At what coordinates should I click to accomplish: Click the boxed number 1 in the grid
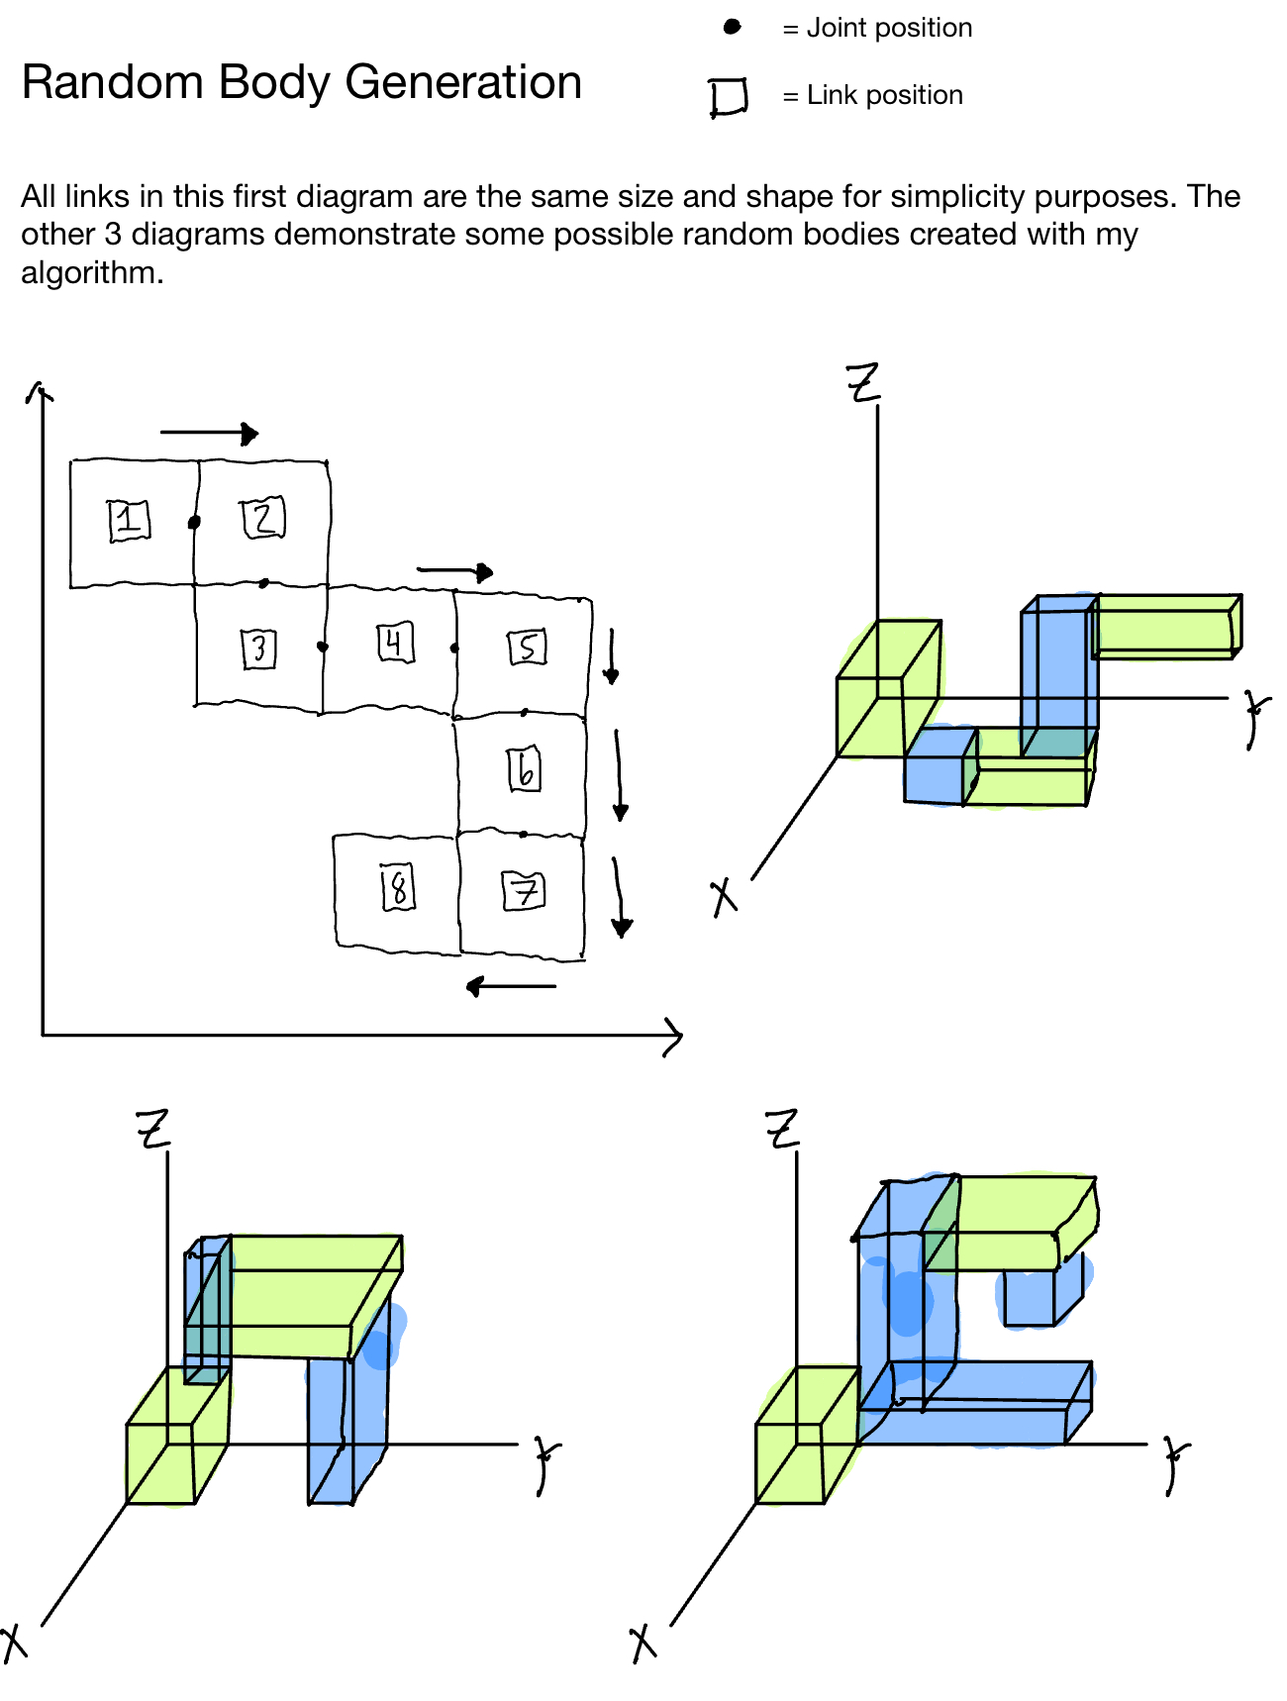(x=129, y=520)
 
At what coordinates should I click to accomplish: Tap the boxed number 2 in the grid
(x=263, y=518)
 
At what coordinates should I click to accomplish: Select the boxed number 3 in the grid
(x=259, y=649)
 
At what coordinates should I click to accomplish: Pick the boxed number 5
(x=527, y=648)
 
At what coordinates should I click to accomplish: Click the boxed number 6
(x=525, y=769)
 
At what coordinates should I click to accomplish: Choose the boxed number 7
(x=524, y=890)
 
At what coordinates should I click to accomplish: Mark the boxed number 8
(x=398, y=886)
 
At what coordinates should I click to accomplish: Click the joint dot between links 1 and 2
(x=194, y=522)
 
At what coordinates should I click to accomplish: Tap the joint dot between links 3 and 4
(x=322, y=647)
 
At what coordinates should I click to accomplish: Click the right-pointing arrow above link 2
(x=210, y=433)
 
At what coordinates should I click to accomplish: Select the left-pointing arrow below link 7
(x=511, y=986)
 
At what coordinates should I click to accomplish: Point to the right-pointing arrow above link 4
(x=455, y=571)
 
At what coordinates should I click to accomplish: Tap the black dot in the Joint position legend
(x=732, y=27)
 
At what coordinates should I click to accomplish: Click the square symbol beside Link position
(x=728, y=97)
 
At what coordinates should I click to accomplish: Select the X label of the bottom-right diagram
(x=643, y=1643)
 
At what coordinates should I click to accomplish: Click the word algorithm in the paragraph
(x=91, y=272)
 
